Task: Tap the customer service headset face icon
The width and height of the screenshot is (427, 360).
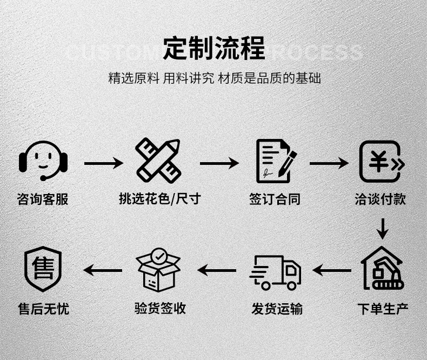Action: (x=43, y=161)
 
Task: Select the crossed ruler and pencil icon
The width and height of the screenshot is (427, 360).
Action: (x=158, y=161)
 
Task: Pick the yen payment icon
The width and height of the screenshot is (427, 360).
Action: (x=382, y=161)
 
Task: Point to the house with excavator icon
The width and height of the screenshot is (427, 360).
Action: (x=382, y=268)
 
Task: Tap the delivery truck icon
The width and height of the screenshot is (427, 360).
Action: (x=276, y=272)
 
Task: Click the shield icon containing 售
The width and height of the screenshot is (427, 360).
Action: (x=43, y=269)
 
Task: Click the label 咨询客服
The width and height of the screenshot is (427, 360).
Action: (x=43, y=199)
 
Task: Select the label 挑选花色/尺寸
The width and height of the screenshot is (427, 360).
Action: (x=159, y=199)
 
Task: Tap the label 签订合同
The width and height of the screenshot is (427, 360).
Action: (x=275, y=199)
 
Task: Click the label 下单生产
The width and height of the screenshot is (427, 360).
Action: (x=383, y=309)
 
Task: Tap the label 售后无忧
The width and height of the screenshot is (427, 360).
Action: (x=43, y=309)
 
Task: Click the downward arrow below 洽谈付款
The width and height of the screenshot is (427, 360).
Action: (x=383, y=229)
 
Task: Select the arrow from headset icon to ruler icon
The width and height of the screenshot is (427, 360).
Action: (x=103, y=163)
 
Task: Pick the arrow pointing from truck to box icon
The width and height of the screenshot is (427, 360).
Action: (x=216, y=269)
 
